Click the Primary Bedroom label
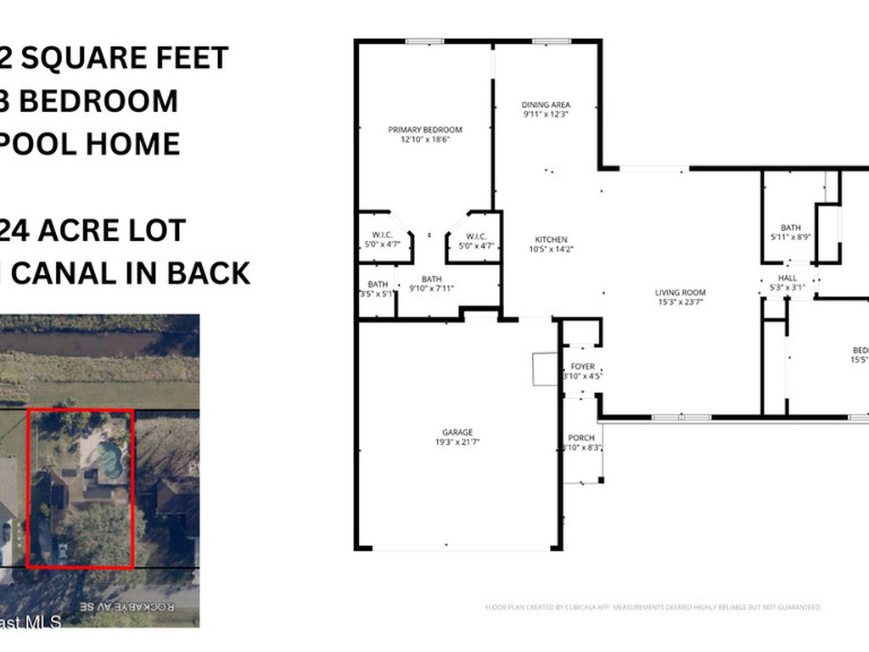coord(424,130)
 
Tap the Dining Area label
coord(546,105)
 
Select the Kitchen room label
coord(551,239)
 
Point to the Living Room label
coord(680,293)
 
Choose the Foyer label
coord(582,367)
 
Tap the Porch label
coord(582,438)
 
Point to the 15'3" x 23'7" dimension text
coord(680,302)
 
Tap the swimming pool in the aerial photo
coord(110,459)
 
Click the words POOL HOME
coord(92,143)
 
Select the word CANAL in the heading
coord(62,273)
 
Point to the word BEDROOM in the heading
coord(98,101)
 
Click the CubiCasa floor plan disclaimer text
coord(653,607)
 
